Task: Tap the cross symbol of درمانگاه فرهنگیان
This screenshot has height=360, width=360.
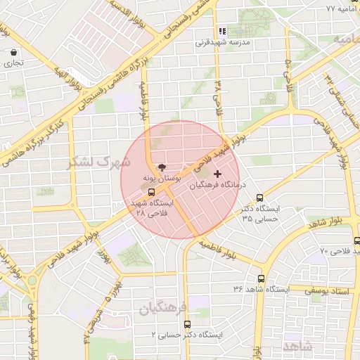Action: click(217, 173)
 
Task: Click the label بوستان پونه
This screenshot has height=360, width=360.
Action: click(162, 180)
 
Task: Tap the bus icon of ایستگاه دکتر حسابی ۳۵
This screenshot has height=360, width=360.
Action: click(260, 198)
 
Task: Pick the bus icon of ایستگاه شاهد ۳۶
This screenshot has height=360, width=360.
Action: click(262, 278)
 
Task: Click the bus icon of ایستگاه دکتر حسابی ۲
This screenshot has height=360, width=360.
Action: click(187, 324)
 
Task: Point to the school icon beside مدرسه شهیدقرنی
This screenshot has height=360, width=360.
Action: click(222, 31)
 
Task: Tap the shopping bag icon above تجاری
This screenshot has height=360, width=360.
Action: click(15, 52)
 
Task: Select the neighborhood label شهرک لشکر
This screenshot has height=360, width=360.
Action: click(99, 162)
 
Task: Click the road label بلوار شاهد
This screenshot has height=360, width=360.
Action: click(328, 224)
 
